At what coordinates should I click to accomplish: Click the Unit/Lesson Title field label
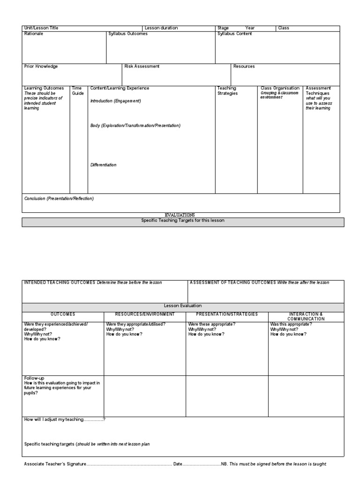click(41, 28)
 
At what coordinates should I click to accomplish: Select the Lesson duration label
click(161, 28)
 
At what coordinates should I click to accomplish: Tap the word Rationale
click(33, 34)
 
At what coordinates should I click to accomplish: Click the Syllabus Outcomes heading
click(128, 34)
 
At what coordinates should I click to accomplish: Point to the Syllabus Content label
click(234, 34)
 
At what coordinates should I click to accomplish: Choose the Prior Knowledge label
click(41, 67)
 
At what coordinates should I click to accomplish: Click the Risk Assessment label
click(142, 67)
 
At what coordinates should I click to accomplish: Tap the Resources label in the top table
click(244, 67)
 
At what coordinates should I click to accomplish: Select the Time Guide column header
click(77, 90)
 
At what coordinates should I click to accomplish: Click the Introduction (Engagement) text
click(115, 101)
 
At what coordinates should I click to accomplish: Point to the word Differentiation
click(103, 165)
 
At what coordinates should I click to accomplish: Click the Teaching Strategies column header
click(227, 90)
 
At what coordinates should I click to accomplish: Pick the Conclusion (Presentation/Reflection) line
click(59, 198)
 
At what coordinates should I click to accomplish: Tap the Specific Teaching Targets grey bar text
click(183, 220)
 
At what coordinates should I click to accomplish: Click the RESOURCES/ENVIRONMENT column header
click(145, 314)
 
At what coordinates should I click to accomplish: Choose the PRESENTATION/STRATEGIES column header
click(227, 314)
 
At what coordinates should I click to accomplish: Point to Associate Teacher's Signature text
click(55, 464)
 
